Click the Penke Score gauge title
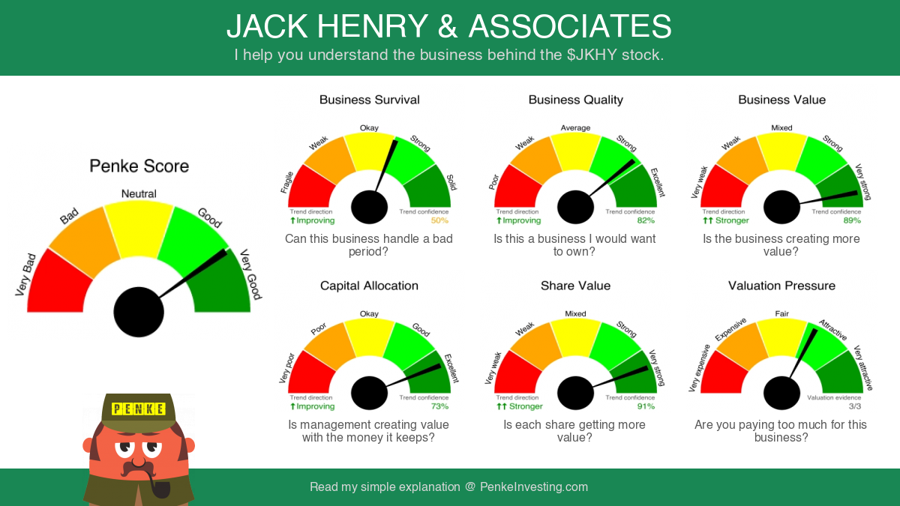(139, 166)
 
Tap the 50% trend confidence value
(439, 220)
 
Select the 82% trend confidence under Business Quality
(646, 220)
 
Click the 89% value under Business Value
(852, 220)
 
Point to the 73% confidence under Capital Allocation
(439, 406)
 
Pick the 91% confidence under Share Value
(646, 406)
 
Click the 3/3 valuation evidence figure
(855, 406)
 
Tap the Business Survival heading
(369, 100)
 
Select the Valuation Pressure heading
(781, 286)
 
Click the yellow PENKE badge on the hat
(139, 409)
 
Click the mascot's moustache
(138, 469)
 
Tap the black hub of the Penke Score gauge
(139, 312)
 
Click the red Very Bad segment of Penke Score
(58, 284)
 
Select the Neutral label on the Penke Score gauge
(139, 194)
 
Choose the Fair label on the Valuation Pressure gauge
(781, 313)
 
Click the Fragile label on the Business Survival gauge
(286, 182)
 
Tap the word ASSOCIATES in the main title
(570, 26)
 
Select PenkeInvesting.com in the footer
(534, 487)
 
